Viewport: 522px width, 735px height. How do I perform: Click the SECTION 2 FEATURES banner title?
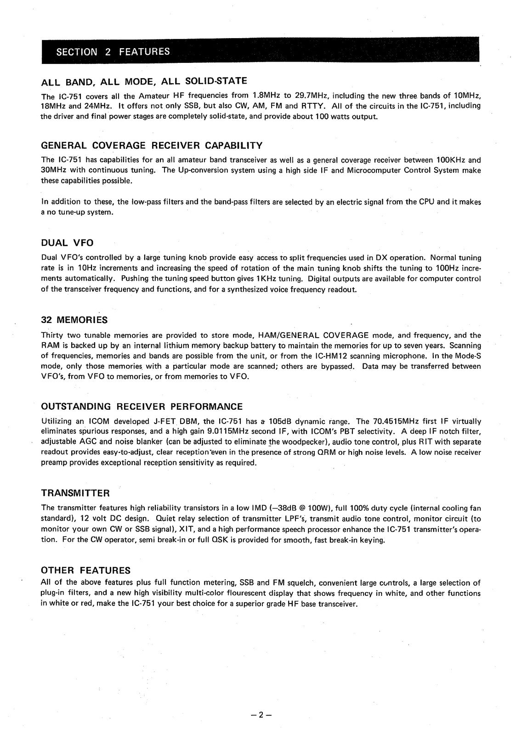113,51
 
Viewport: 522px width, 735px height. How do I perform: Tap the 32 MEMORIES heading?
74,320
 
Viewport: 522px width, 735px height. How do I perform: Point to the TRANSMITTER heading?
75,493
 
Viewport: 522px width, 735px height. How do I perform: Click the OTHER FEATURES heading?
86,571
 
